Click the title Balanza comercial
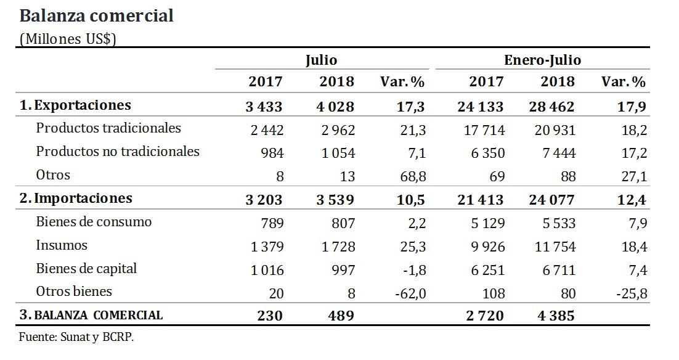click(97, 16)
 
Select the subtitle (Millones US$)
click(68, 38)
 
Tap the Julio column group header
click(321, 60)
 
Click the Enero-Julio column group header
click(542, 60)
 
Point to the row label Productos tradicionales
click(108, 128)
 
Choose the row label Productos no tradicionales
click(118, 152)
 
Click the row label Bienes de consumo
click(94, 222)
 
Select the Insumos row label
click(62, 245)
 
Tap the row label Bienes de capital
click(86, 269)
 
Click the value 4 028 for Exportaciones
click(336, 106)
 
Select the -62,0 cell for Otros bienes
click(409, 292)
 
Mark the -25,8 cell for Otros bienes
click(632, 292)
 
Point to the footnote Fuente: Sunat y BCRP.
click(76, 338)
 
